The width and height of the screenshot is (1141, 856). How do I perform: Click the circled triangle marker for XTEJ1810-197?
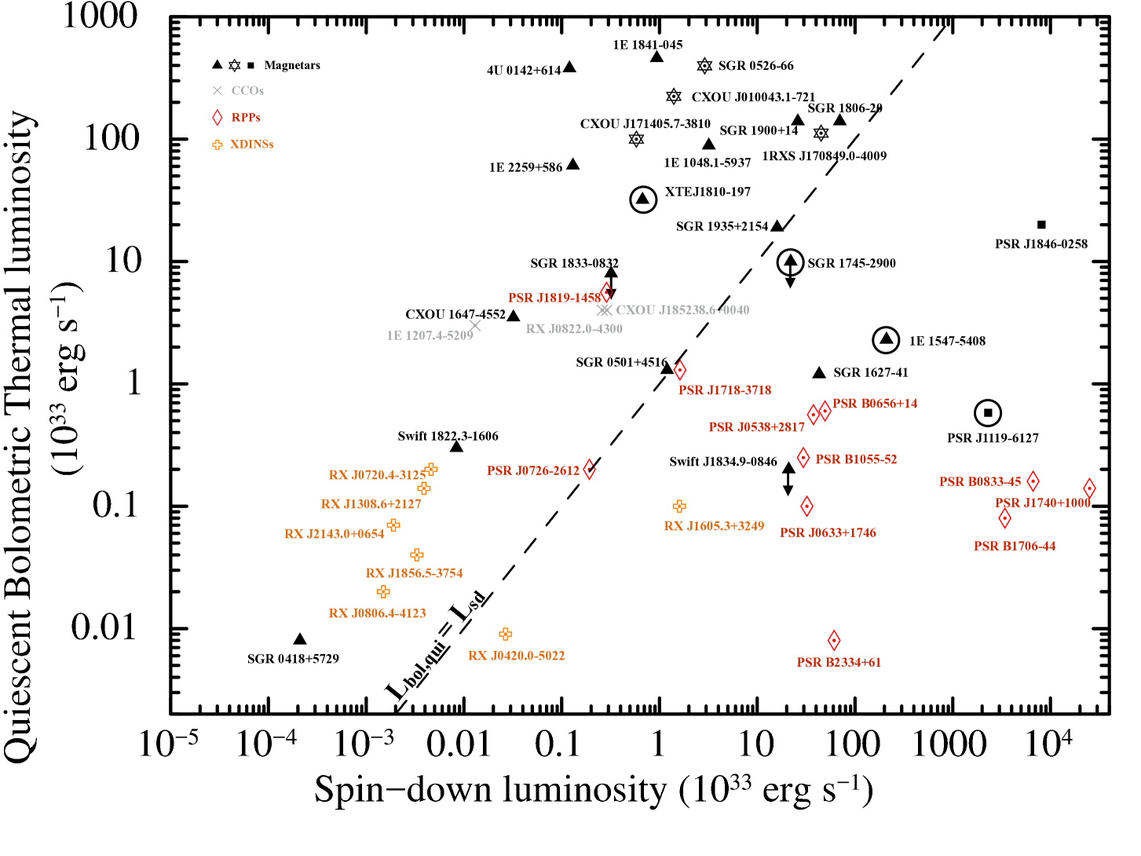[643, 199]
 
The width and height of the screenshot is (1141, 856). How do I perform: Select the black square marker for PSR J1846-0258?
[1041, 225]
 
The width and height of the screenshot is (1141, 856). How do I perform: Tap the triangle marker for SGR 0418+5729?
[299, 639]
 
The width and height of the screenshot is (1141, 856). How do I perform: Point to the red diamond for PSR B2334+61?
[834, 641]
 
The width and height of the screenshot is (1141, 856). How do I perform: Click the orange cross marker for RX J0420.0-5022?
[505, 634]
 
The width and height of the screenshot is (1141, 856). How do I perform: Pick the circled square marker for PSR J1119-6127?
[988, 413]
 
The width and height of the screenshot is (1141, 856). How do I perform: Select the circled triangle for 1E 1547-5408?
[887, 339]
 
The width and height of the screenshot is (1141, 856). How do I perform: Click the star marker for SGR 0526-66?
[704, 65]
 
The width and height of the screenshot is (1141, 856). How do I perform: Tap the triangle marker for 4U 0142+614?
[569, 68]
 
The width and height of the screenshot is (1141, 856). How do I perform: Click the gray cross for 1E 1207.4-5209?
[474, 326]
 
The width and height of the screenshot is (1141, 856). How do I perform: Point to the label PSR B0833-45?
[980, 481]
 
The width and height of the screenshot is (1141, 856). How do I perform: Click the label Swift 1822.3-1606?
[448, 436]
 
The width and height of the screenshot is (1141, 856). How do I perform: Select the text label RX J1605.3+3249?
[714, 525]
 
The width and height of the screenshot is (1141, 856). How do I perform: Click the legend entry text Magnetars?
[292, 65]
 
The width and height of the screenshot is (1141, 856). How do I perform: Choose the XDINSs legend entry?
[251, 144]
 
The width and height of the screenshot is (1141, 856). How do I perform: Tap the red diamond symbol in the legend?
[218, 117]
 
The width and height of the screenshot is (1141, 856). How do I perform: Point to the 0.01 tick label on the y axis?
[104, 627]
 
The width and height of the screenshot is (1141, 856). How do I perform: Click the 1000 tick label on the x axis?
[949, 744]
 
